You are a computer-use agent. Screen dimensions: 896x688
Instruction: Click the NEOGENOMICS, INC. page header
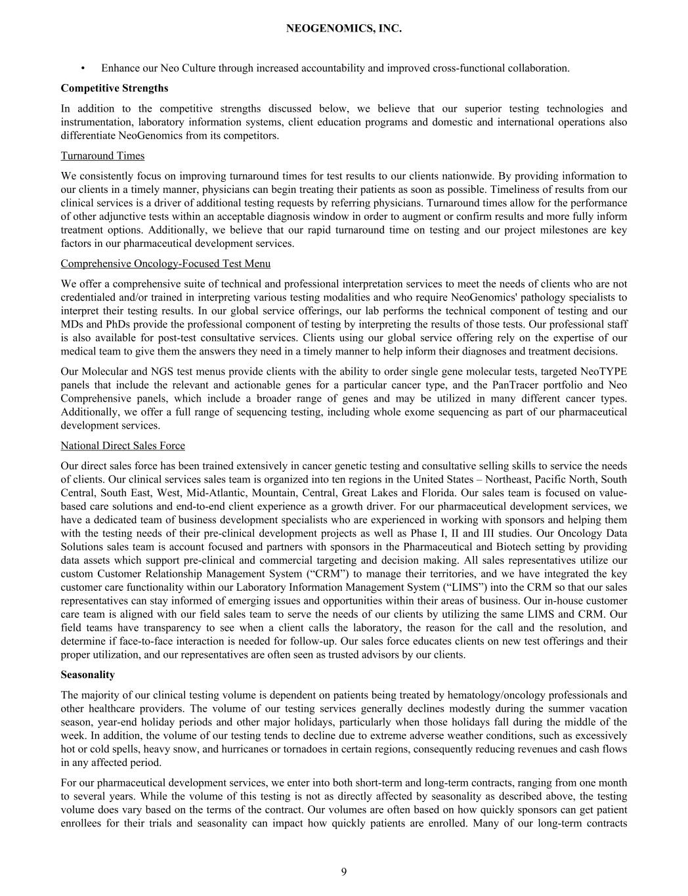coord(344,29)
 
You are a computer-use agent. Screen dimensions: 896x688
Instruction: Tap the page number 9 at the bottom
coord(344,872)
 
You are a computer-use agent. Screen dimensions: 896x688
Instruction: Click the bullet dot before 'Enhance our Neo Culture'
coord(83,68)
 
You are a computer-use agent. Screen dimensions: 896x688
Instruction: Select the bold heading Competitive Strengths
coord(114,88)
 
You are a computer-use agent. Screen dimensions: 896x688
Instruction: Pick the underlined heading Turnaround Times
coord(102,156)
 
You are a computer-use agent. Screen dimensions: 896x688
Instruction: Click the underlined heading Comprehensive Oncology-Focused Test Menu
coord(165,263)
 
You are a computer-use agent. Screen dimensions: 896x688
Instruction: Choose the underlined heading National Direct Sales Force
coord(123,446)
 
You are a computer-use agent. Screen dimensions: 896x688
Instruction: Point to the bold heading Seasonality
coord(87,675)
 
